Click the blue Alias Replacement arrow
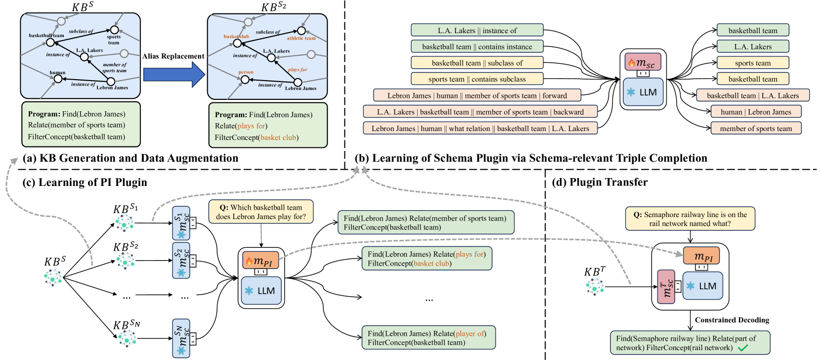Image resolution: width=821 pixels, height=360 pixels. click(x=174, y=74)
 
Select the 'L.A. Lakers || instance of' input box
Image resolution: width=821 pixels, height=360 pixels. click(x=477, y=31)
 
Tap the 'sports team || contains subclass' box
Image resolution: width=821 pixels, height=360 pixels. click(x=477, y=79)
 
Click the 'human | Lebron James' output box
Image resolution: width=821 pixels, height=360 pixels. click(x=756, y=112)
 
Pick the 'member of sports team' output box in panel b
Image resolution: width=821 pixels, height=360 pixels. click(x=756, y=128)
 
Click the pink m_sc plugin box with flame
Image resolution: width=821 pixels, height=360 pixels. click(x=643, y=62)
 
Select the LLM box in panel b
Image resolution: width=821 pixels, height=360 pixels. click(x=643, y=92)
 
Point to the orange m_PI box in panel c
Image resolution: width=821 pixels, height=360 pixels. click(x=260, y=260)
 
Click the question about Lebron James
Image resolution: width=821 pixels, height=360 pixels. click(x=261, y=212)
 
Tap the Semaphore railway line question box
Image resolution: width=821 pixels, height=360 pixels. click(x=690, y=219)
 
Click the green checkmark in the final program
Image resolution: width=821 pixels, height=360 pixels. click(x=743, y=348)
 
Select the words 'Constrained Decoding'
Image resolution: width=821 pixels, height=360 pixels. click(x=732, y=319)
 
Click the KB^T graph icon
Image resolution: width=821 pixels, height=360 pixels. click(x=595, y=287)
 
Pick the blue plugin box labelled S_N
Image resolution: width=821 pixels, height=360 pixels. click(x=181, y=338)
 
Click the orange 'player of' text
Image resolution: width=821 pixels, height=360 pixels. click(x=470, y=334)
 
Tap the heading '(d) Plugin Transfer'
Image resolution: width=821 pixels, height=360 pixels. click(x=600, y=182)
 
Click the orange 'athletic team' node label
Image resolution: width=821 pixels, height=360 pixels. click(x=301, y=38)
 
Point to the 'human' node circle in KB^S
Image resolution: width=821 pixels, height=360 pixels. click(x=58, y=79)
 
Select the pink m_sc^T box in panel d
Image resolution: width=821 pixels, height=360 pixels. click(x=666, y=287)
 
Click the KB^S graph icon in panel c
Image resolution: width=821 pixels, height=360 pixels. click(x=53, y=277)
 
